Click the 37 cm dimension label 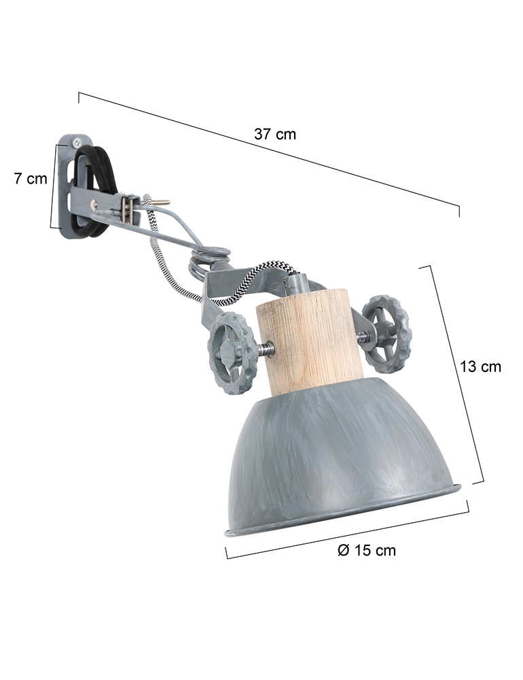pyautogui.click(x=275, y=134)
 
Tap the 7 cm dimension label pyautogui.click(x=31, y=179)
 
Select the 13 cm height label pyautogui.click(x=480, y=367)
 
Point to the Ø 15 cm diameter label pyautogui.click(x=366, y=550)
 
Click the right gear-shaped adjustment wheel pyautogui.click(x=386, y=334)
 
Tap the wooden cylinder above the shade pyautogui.click(x=310, y=341)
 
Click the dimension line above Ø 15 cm pyautogui.click(x=346, y=530)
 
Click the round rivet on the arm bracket pyautogui.click(x=97, y=204)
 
